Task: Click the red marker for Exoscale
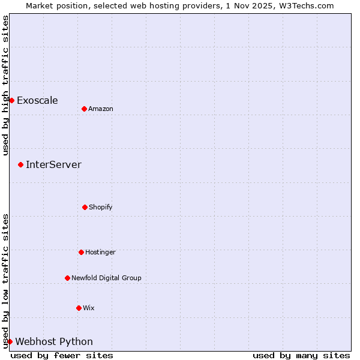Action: tap(11, 100)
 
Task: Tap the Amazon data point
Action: tap(84, 109)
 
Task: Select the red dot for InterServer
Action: tap(20, 164)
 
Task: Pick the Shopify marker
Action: tap(85, 207)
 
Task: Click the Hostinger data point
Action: tap(81, 252)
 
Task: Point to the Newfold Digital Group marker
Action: tap(67, 278)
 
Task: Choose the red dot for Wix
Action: tap(79, 308)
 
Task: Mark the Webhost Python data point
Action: tap(10, 341)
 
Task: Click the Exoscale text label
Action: tap(37, 100)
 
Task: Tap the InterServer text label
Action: tap(53, 164)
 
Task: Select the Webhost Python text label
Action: tap(54, 341)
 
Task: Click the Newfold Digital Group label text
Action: tap(106, 278)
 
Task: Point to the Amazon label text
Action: tap(100, 109)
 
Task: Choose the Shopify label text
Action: tap(100, 207)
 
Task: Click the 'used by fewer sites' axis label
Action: tap(62, 355)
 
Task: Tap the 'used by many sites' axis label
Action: tap(301, 355)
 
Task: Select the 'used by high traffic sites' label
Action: tap(5, 85)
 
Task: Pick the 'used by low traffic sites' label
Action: tap(5, 280)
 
